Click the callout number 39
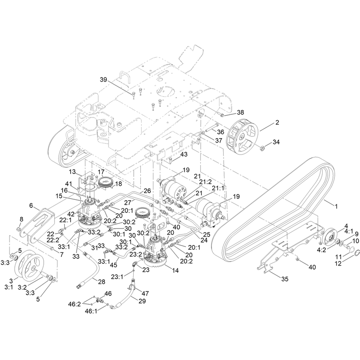[103, 80]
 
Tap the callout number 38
[240, 112]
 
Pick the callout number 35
[285, 279]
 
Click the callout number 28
[102, 282]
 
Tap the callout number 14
[175, 270]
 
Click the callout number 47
[145, 293]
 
